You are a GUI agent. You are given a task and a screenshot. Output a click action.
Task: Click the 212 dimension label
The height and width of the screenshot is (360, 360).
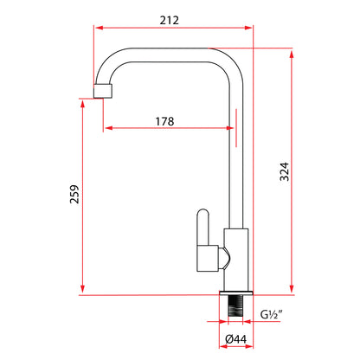tap(170, 20)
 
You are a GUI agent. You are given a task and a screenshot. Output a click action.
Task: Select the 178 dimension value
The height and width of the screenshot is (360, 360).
tap(164, 121)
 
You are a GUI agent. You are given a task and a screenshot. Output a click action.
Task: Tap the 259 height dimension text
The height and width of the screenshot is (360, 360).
tap(74, 194)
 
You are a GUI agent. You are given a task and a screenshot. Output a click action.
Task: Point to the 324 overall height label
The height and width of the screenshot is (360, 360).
tap(284, 171)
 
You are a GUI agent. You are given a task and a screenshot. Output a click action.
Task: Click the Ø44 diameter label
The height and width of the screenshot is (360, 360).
tap(235, 339)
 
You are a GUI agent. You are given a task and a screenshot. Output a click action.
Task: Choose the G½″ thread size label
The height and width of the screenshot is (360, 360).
tap(271, 314)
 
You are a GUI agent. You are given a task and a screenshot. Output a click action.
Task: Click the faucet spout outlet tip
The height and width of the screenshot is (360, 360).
tap(103, 91)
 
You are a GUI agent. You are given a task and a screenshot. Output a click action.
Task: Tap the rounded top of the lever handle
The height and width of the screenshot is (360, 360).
tap(202, 214)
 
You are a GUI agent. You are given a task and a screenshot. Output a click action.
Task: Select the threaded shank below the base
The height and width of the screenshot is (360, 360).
tap(235, 306)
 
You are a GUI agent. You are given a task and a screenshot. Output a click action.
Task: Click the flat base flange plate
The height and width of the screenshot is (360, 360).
tap(236, 292)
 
